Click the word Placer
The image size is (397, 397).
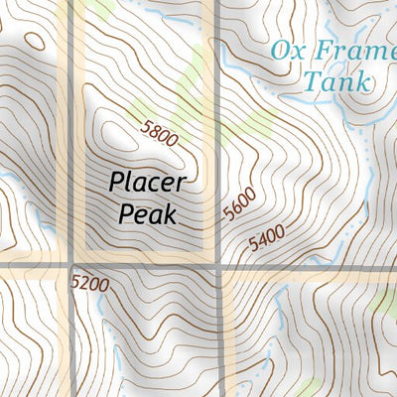[147, 184]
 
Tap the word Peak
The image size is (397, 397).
[147, 212]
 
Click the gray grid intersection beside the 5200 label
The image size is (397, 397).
[71, 266]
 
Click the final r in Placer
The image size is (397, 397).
[181, 185]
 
